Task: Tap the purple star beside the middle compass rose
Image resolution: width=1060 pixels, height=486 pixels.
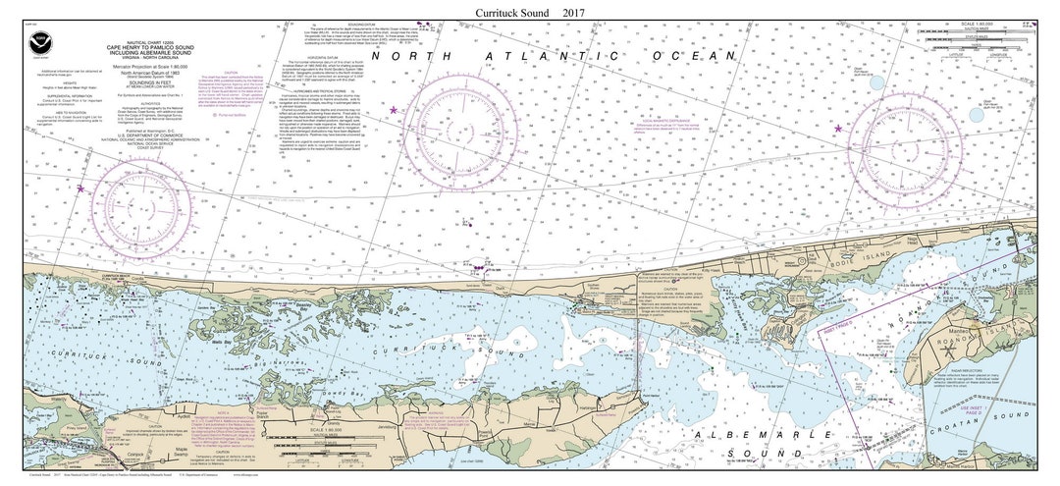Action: pyautogui.click(x=395, y=110)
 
